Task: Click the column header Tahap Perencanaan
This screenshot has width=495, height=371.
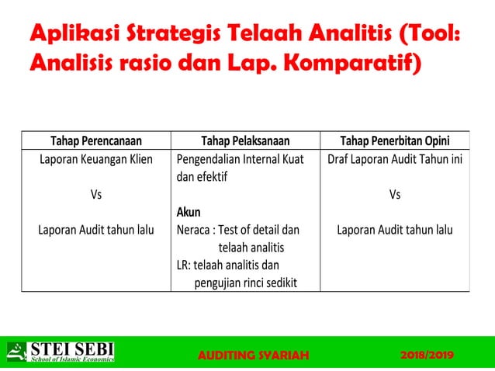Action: tap(96, 141)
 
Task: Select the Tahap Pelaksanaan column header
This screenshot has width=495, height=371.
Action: tap(245, 141)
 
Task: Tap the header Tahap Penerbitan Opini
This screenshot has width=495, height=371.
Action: tap(394, 141)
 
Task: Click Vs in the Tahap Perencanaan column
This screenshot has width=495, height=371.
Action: tap(96, 195)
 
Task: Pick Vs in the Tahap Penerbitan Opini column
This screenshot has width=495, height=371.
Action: tap(394, 195)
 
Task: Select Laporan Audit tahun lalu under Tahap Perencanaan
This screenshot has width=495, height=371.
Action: tap(96, 230)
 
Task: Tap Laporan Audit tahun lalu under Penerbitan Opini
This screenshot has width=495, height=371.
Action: tap(394, 230)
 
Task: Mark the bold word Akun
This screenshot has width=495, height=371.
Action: tap(189, 212)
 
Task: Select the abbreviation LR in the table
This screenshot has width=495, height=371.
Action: tap(182, 264)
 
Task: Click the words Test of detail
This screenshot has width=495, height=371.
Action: tap(250, 230)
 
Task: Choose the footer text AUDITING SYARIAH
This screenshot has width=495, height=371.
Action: tap(253, 355)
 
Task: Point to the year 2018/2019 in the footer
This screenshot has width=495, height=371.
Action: tap(427, 355)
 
